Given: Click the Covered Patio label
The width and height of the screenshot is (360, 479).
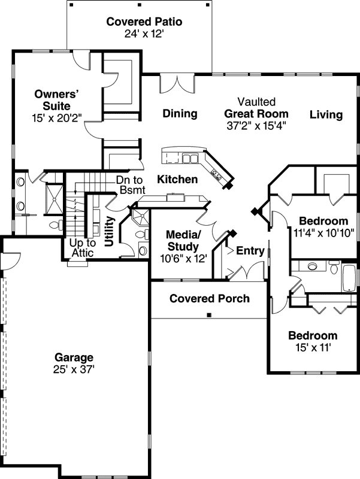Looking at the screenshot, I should [x=144, y=22].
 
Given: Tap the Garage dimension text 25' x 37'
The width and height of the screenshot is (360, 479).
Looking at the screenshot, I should [x=74, y=369].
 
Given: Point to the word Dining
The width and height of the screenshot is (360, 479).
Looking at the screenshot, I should [x=180, y=114].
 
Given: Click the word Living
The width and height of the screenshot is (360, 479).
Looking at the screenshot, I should [x=326, y=114].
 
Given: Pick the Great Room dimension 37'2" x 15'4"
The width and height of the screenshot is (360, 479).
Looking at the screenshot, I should [x=256, y=126].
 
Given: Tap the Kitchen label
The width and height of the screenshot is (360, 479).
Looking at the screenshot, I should [x=177, y=179].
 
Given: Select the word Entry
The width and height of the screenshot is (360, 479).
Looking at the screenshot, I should [x=250, y=251].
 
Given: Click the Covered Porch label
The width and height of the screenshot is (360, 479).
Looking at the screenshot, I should [x=209, y=298].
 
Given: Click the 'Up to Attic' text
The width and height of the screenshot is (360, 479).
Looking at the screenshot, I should [x=83, y=248].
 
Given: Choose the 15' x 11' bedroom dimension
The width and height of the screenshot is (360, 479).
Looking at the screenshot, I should [x=312, y=347].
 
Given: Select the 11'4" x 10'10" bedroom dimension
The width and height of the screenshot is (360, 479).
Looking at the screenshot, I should [x=323, y=232].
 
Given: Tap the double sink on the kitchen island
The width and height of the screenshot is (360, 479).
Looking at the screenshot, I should [x=190, y=159].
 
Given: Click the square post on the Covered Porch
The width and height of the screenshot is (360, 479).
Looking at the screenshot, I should [x=209, y=315].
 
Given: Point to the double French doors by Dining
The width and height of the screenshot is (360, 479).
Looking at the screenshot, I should [x=177, y=84].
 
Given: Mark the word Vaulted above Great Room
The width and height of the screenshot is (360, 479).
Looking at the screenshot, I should [x=256, y=102].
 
